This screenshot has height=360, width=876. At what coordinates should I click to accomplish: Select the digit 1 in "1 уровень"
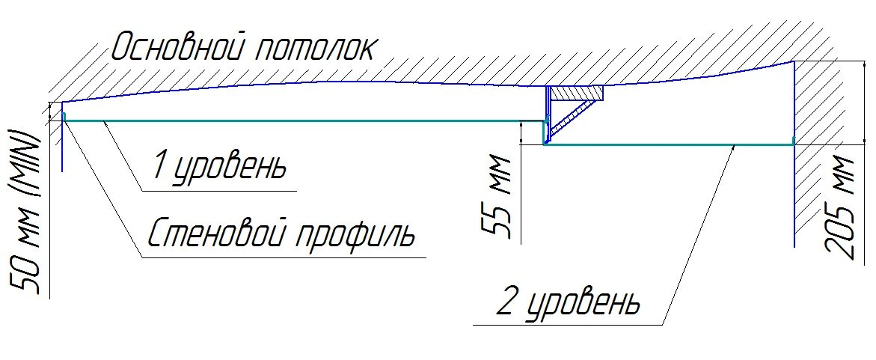click(159, 165)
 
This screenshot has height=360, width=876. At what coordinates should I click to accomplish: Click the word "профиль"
click(360, 236)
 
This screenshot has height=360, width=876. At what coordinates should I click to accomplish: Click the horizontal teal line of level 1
click(299, 120)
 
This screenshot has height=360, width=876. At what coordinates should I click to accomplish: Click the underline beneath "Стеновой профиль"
click(284, 258)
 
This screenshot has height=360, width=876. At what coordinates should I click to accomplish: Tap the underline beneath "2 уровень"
click(569, 325)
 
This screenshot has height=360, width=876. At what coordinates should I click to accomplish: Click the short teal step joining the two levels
click(545, 132)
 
